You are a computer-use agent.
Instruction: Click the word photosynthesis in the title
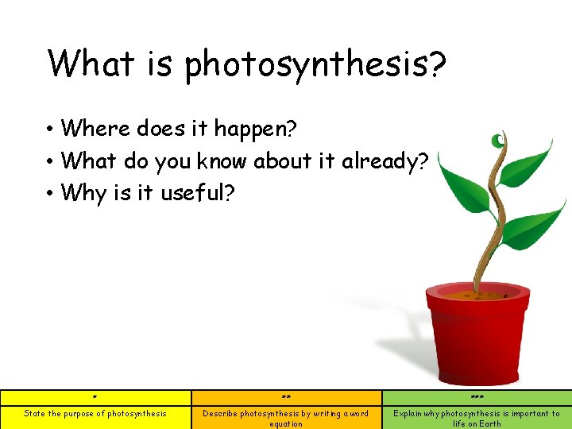pos(315,64)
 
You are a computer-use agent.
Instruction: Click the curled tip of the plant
pos(498,141)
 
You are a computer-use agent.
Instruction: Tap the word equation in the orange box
pos(286,423)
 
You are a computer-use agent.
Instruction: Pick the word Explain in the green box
pos(408,413)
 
